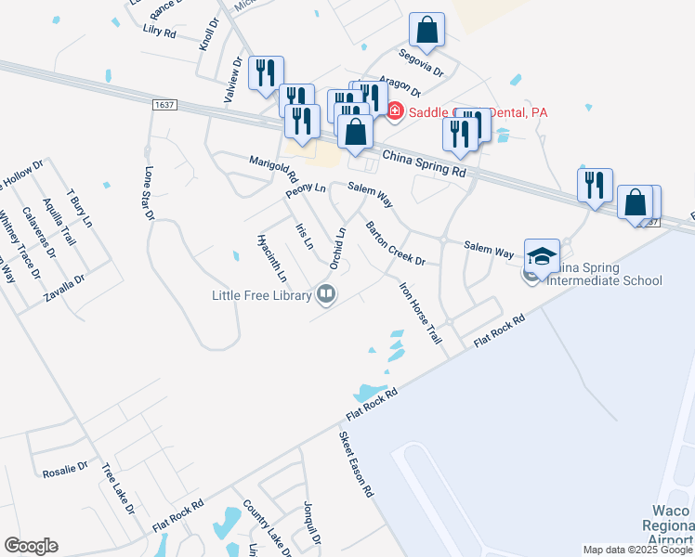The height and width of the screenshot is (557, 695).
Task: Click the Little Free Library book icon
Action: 326,296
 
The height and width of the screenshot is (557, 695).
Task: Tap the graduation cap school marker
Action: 542,256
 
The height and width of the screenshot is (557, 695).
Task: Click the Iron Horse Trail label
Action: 419,313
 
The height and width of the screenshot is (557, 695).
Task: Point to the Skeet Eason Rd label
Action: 355,464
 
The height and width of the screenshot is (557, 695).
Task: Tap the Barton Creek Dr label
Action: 395,243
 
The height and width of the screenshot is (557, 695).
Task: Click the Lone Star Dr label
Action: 149,194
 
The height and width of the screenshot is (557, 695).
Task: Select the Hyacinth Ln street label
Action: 271,257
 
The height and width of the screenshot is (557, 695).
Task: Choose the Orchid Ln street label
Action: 337,248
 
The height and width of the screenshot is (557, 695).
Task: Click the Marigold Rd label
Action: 273,169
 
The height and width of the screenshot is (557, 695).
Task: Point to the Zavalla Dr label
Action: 65,289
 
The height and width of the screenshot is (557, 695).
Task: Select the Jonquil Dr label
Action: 311,524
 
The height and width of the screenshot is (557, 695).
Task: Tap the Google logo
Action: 31,546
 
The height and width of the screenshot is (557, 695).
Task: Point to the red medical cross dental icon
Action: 394,112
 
